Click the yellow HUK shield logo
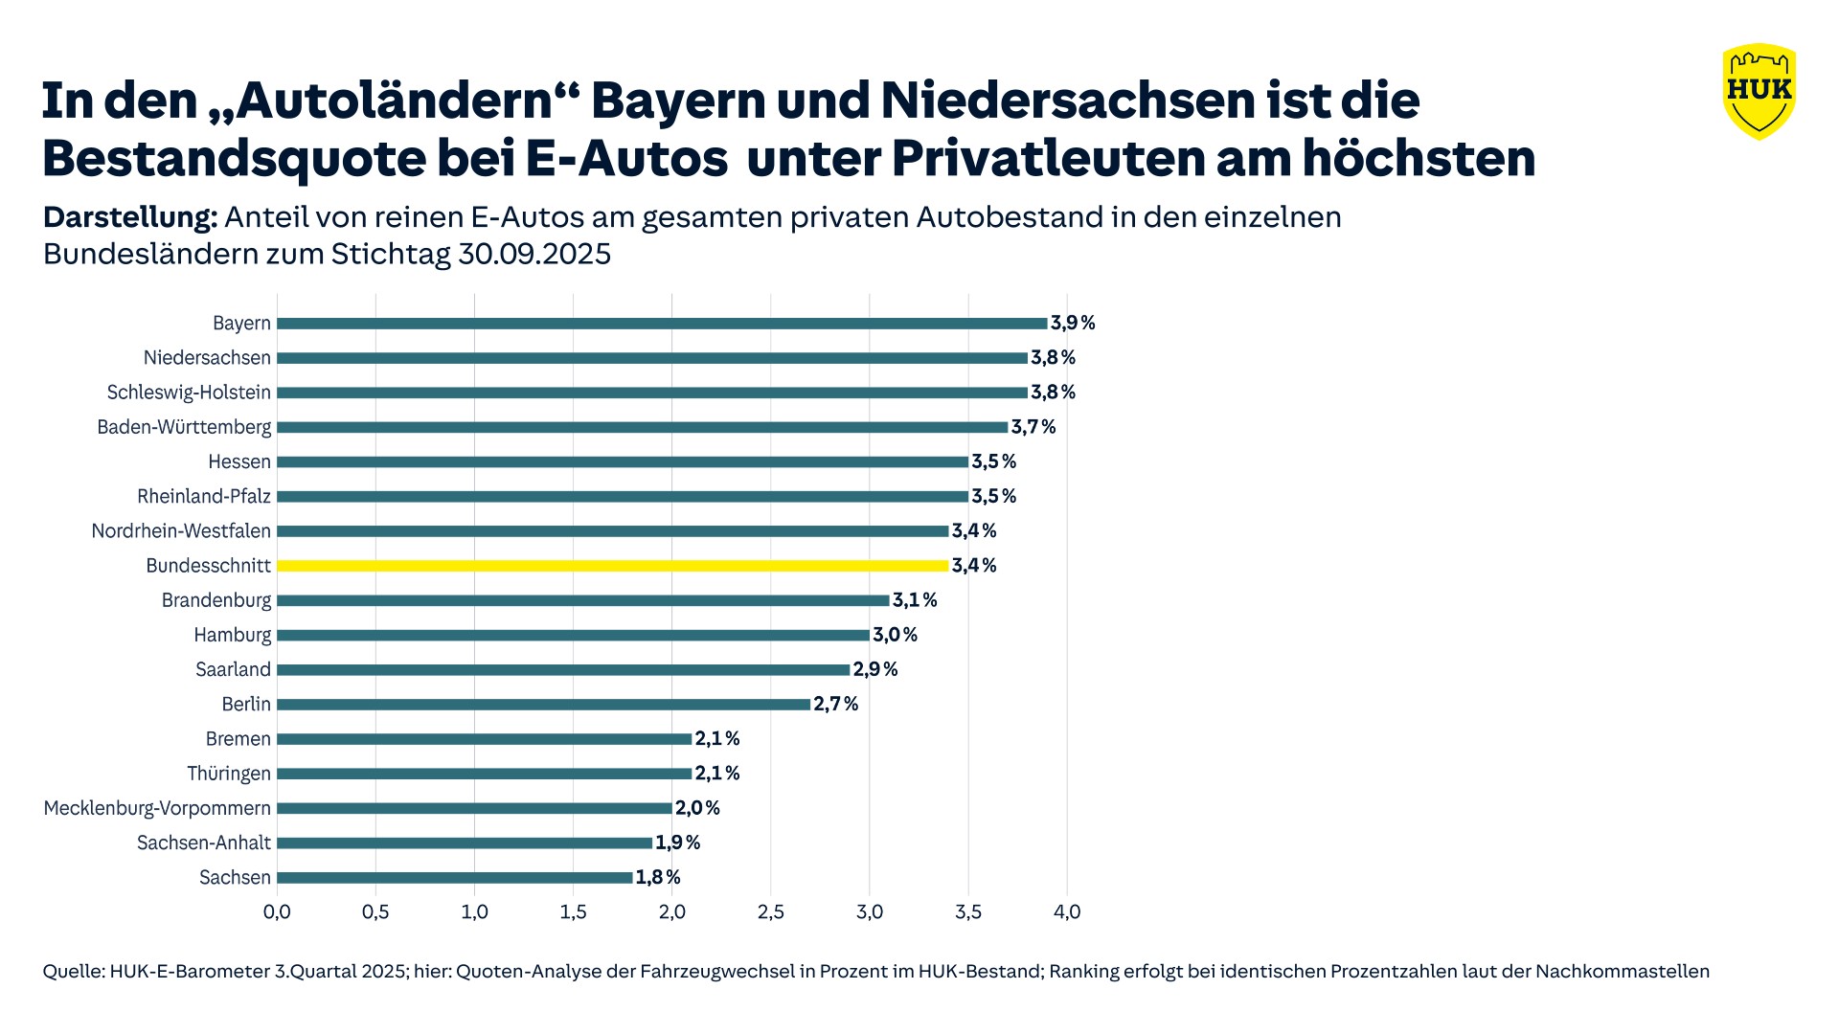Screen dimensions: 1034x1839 pos(1759,91)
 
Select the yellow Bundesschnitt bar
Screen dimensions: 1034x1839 pos(613,566)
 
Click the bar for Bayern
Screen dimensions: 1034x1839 pos(662,324)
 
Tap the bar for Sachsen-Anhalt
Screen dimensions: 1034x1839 pos(465,843)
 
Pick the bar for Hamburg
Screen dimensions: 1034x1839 pos(573,635)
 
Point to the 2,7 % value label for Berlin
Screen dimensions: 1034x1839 pos(836,704)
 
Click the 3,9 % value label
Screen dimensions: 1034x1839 pos(1073,323)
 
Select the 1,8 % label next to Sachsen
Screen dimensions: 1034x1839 pos(658,877)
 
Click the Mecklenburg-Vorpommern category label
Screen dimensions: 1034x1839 pos(157,808)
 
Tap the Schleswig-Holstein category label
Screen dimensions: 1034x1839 pos(189,393)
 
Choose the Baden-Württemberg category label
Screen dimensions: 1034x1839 pos(184,427)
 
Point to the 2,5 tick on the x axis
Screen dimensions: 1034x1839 pos(771,911)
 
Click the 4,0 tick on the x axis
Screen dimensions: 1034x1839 pos(1067,911)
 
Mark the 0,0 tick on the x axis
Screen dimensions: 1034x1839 pos(277,911)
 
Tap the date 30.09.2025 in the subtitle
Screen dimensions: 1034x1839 pos(534,254)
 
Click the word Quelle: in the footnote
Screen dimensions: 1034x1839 pos(73,972)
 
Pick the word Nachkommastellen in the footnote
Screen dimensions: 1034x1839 pos(1623,972)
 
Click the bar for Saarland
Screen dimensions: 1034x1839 pos(563,669)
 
